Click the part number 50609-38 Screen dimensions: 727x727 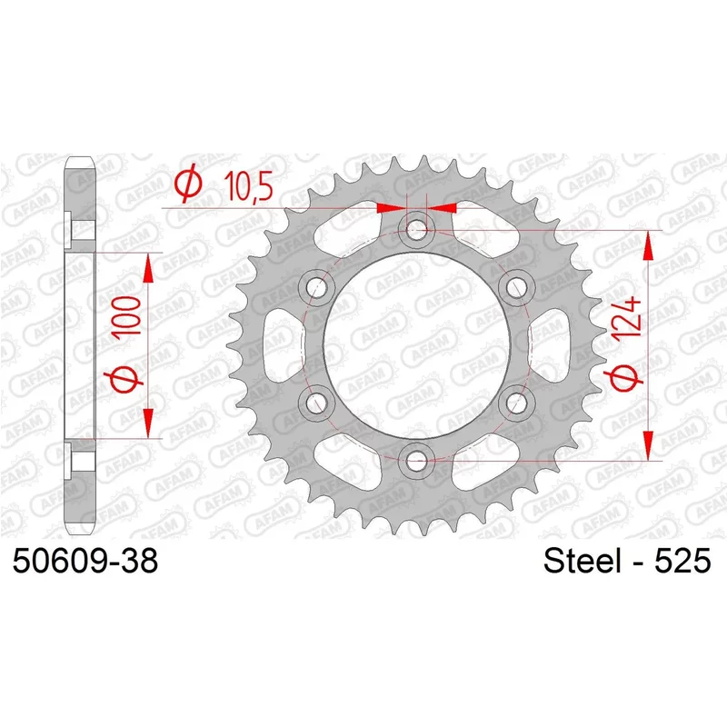[x=85, y=561]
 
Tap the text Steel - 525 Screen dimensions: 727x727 [x=627, y=561]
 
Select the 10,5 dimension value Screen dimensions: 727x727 [x=248, y=186]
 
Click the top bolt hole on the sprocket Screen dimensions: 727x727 [x=416, y=230]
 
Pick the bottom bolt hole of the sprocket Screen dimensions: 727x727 [x=416, y=461]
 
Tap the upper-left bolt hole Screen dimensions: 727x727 [x=316, y=287]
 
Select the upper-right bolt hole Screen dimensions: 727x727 [x=516, y=287]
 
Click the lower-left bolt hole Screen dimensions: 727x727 [x=316, y=403]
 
